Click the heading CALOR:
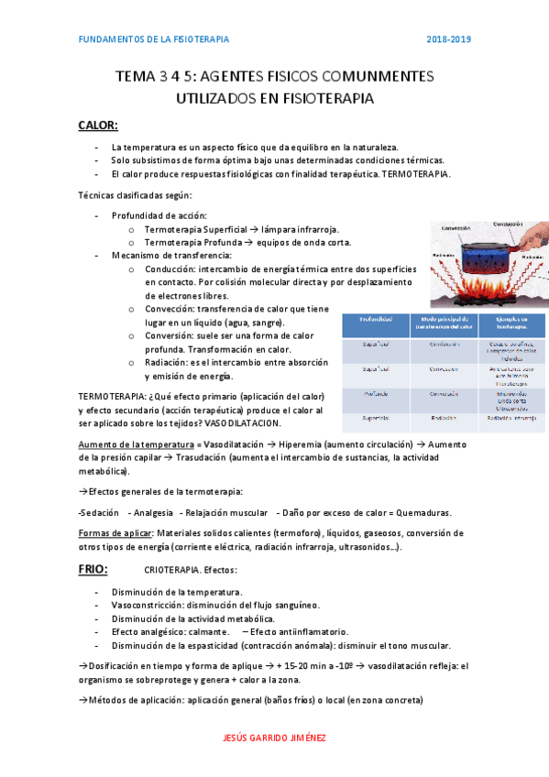(x=98, y=126)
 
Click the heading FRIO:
(x=93, y=569)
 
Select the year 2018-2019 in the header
(x=449, y=39)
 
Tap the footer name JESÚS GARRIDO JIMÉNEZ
(x=274, y=738)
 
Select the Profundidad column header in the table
(x=377, y=321)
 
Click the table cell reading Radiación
(x=444, y=418)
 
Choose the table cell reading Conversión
(x=444, y=393)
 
